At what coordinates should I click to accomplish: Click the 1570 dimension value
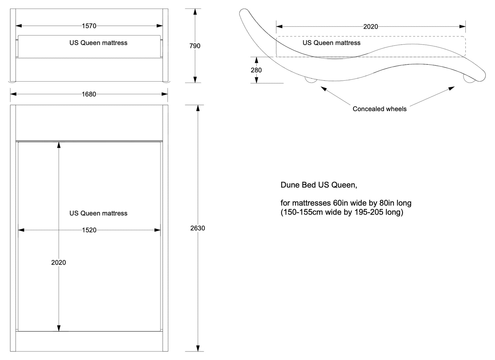(x=89, y=26)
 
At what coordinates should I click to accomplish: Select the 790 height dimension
(x=195, y=46)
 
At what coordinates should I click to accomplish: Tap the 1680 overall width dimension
(x=89, y=94)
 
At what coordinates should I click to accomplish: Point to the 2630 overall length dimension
(x=198, y=228)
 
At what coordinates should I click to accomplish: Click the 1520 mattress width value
(x=89, y=230)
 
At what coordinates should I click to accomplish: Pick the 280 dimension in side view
(x=256, y=70)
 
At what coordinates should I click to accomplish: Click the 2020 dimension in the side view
(x=371, y=27)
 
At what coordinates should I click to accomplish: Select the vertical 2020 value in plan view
(x=58, y=263)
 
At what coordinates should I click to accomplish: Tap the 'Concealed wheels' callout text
(x=379, y=109)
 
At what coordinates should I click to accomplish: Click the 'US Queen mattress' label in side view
(x=331, y=43)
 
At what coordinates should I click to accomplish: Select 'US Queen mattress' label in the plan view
(x=98, y=213)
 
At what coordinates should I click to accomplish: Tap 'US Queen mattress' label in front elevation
(x=98, y=43)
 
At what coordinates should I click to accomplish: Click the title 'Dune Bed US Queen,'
(x=319, y=185)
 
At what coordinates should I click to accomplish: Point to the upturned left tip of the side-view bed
(x=244, y=13)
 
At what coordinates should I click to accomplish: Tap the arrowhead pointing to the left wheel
(x=323, y=88)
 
